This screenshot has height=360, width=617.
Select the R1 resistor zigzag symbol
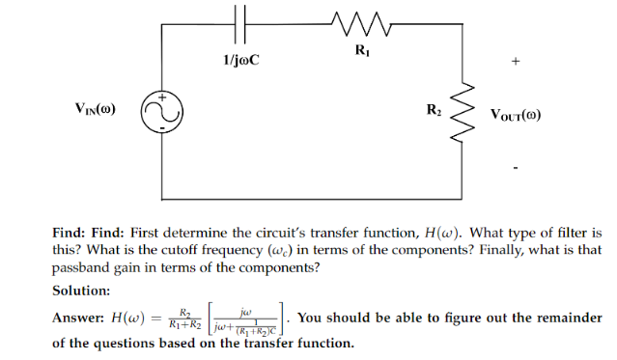[358, 21]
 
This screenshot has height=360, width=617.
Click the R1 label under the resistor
[360, 49]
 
